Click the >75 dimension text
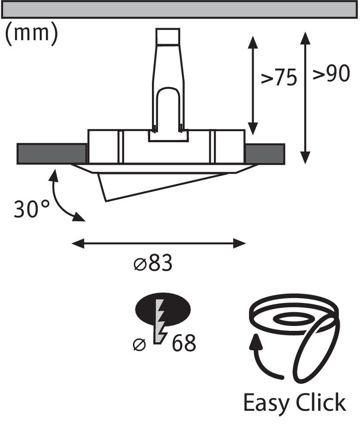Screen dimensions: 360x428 279,78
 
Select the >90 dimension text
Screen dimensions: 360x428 331,73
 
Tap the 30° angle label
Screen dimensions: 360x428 32,209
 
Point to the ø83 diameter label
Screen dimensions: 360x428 153,263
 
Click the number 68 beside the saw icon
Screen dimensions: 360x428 184,343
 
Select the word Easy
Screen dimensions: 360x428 266,403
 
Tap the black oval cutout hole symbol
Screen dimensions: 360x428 163,310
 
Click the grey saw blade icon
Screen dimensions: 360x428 161,322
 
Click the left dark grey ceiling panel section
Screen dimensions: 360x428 52,154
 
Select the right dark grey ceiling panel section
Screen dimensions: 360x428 265,154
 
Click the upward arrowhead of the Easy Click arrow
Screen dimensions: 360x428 256,342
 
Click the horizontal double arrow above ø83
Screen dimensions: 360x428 159,243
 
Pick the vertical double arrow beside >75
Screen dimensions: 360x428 253,85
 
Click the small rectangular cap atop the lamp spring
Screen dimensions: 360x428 168,36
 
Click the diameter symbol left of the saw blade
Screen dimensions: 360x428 140,345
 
